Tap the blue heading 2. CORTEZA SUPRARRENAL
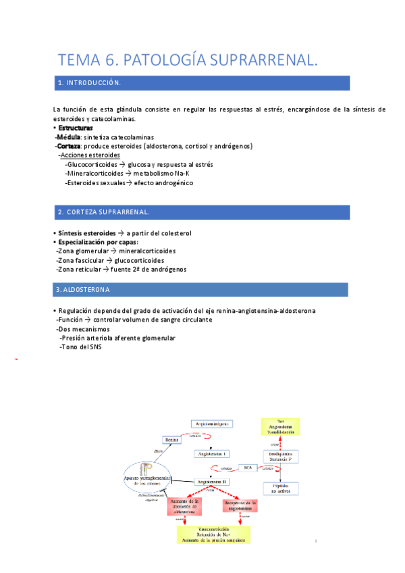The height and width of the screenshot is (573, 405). pyautogui.click(x=104, y=212)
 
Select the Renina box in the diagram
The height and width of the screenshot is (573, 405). pyautogui.click(x=171, y=439)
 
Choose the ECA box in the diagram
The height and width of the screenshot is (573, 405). pyautogui.click(x=248, y=468)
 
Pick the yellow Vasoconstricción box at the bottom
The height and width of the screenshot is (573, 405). pyautogui.click(x=213, y=534)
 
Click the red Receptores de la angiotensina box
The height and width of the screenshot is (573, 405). pyautogui.click(x=240, y=506)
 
